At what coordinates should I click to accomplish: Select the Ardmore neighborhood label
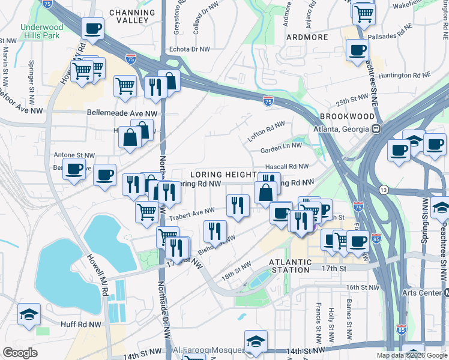click(x=307, y=37)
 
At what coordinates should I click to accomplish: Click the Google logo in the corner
click(x=20, y=353)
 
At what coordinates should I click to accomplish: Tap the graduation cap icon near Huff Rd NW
click(x=29, y=314)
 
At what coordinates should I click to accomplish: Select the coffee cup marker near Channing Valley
click(x=92, y=29)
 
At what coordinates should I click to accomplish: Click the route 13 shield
click(x=383, y=190)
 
